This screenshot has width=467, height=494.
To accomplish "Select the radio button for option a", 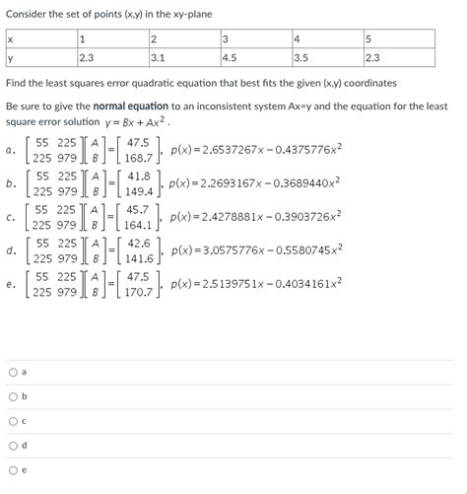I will point(12,373).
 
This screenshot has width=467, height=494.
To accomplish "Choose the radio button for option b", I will point(12,397).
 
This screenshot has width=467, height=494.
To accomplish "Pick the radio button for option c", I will point(12,422).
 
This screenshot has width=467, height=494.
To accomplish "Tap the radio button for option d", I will point(12,447).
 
